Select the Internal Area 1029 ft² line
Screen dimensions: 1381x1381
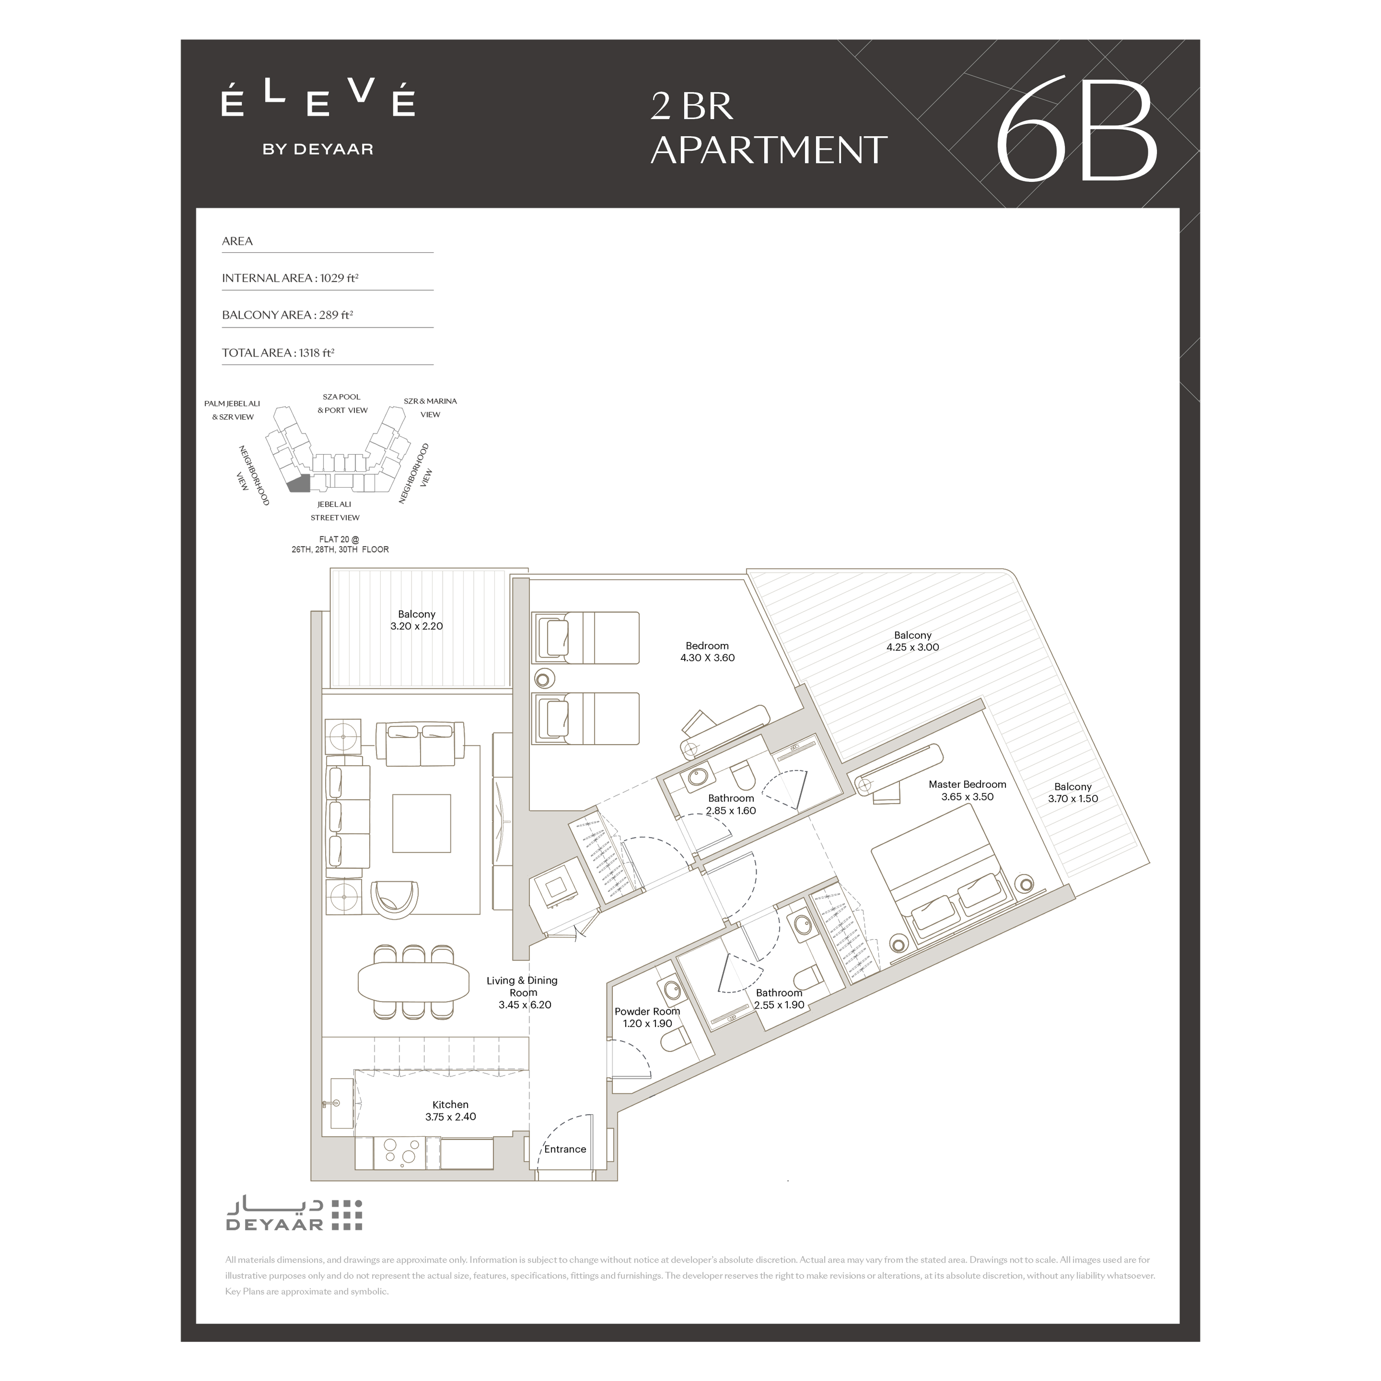[x=290, y=278]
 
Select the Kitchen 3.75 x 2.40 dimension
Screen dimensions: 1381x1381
[x=450, y=1117]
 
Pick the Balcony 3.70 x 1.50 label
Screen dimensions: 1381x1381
[x=1073, y=793]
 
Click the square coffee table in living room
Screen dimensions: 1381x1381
[x=422, y=823]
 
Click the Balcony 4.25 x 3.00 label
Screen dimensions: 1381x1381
[x=913, y=641]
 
